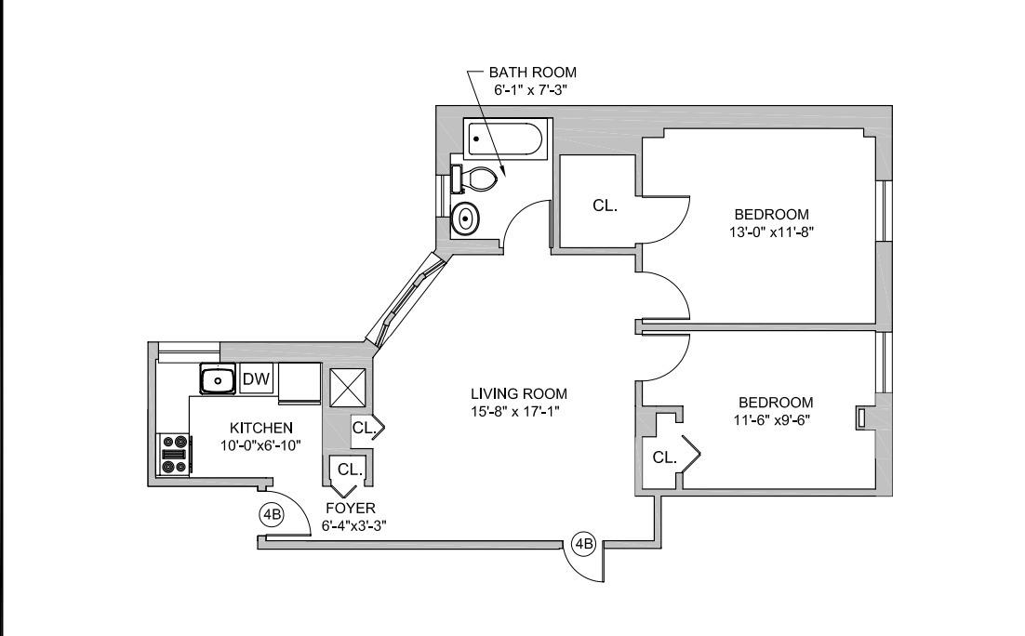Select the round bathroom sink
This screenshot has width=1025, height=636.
pos(465,219)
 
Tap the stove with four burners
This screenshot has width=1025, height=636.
pos(174,455)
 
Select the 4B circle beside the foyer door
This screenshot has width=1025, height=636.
pos(271,514)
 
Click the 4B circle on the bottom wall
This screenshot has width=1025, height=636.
pos(583,543)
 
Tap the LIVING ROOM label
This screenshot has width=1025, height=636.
pos(519,393)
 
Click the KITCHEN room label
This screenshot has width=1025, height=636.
pos(261,428)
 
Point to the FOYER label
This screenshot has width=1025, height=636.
pos(350,508)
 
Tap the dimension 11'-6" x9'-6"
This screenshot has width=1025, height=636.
pos(775,419)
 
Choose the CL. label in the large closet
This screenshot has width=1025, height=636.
pos(606,205)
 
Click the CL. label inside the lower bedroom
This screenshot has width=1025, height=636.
pos(664,457)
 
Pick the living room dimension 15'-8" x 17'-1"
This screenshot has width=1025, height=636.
pos(519,410)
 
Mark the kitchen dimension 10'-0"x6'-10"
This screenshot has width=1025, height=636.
pos(261,444)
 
